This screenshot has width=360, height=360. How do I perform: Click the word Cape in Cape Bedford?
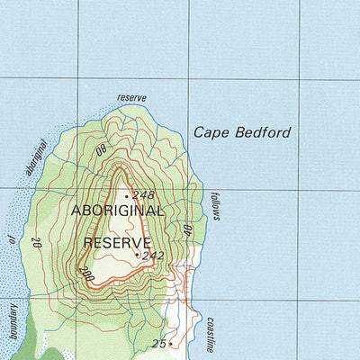click(211, 132)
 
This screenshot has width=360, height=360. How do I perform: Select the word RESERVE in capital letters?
click(116, 242)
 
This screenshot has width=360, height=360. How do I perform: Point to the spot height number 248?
click(144, 194)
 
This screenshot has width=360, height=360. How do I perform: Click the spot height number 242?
click(153, 255)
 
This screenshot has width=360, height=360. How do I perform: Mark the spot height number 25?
click(159, 343)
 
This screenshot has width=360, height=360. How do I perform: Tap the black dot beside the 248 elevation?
click(127, 195)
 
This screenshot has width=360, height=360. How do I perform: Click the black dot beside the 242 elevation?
click(137, 255)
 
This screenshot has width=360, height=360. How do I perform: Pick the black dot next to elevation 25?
click(171, 343)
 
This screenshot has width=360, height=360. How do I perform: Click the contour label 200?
click(86, 272)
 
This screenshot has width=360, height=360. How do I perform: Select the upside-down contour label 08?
click(101, 149)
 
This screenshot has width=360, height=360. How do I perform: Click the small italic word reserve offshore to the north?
click(131, 97)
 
